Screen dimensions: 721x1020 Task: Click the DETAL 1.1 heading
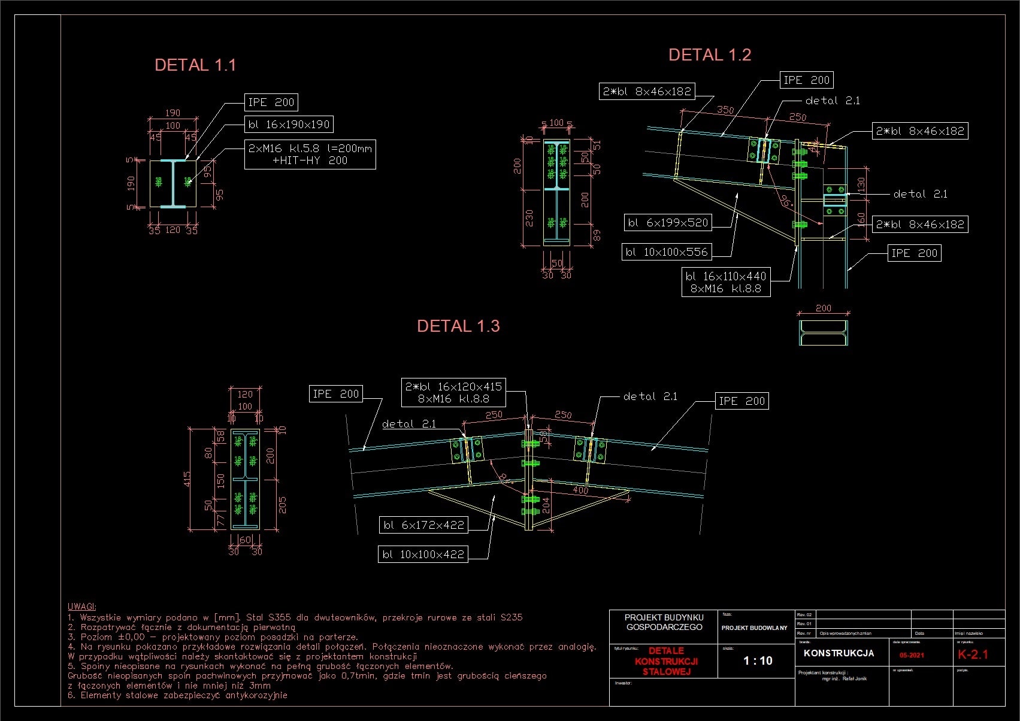click(195, 65)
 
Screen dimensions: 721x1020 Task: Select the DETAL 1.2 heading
click(709, 55)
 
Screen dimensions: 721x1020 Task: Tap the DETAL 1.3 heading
click(458, 326)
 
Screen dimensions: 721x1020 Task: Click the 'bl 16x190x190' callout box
click(289, 125)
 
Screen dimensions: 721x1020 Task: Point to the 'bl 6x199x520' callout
click(667, 223)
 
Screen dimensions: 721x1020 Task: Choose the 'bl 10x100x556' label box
click(667, 252)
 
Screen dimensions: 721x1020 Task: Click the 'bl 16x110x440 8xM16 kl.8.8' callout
click(726, 282)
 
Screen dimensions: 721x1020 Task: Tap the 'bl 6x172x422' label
click(423, 525)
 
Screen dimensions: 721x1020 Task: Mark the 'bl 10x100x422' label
click(423, 555)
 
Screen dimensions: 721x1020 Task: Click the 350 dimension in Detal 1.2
click(725, 110)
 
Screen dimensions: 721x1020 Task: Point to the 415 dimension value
click(187, 479)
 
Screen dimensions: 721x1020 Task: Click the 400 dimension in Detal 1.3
click(580, 490)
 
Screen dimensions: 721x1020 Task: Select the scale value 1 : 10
click(758, 661)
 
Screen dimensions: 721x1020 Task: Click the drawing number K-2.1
click(973, 655)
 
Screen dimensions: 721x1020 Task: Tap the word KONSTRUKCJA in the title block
click(839, 653)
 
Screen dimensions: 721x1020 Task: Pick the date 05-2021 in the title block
click(912, 655)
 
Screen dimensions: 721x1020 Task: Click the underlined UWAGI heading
click(81, 607)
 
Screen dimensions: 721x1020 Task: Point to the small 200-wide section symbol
click(823, 333)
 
